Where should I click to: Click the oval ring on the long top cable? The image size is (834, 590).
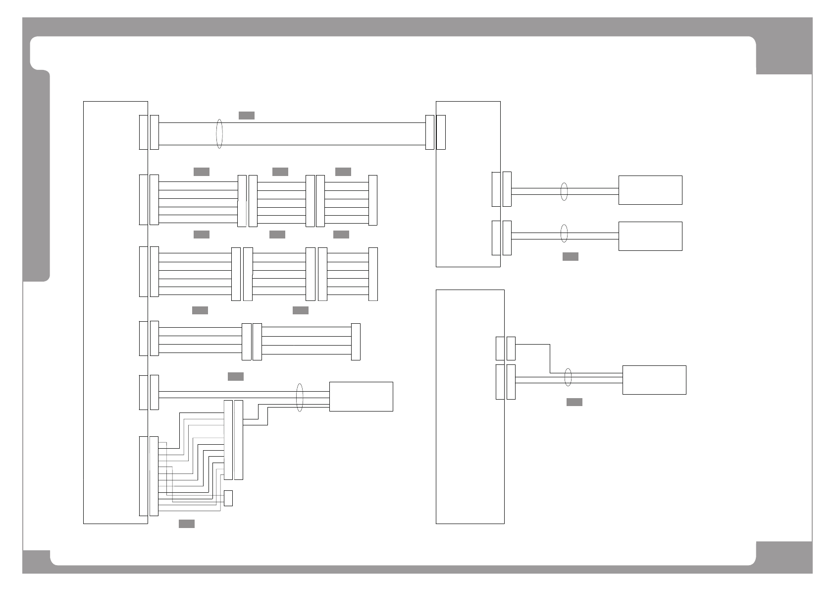pyautogui.click(x=219, y=133)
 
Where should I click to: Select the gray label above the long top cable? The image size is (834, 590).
pyautogui.click(x=246, y=116)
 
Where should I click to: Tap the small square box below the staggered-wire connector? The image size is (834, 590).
pyautogui.click(x=228, y=498)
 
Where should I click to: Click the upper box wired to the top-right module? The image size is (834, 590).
pyautogui.click(x=650, y=190)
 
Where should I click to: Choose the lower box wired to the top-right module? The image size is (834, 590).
pyautogui.click(x=650, y=236)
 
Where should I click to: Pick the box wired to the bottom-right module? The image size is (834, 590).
pyautogui.click(x=654, y=380)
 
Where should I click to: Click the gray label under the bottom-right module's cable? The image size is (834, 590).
pyautogui.click(x=574, y=402)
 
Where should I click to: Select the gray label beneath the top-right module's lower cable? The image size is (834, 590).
pyautogui.click(x=570, y=256)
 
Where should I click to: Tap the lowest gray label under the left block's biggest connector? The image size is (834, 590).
pyautogui.click(x=186, y=524)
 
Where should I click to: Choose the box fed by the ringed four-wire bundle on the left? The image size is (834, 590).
pyautogui.click(x=361, y=397)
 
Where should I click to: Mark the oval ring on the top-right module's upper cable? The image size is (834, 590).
pyautogui.click(x=564, y=191)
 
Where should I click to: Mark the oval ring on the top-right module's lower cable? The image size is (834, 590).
pyautogui.click(x=564, y=233)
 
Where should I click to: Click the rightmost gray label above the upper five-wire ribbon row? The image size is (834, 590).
pyautogui.click(x=343, y=172)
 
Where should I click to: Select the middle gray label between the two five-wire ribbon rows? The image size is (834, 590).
pyautogui.click(x=277, y=235)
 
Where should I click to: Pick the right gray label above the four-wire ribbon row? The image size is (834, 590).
pyautogui.click(x=300, y=310)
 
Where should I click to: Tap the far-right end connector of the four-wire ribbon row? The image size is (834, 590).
pyautogui.click(x=356, y=342)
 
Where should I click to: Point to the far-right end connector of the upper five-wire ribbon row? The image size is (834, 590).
pyautogui.click(x=373, y=201)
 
